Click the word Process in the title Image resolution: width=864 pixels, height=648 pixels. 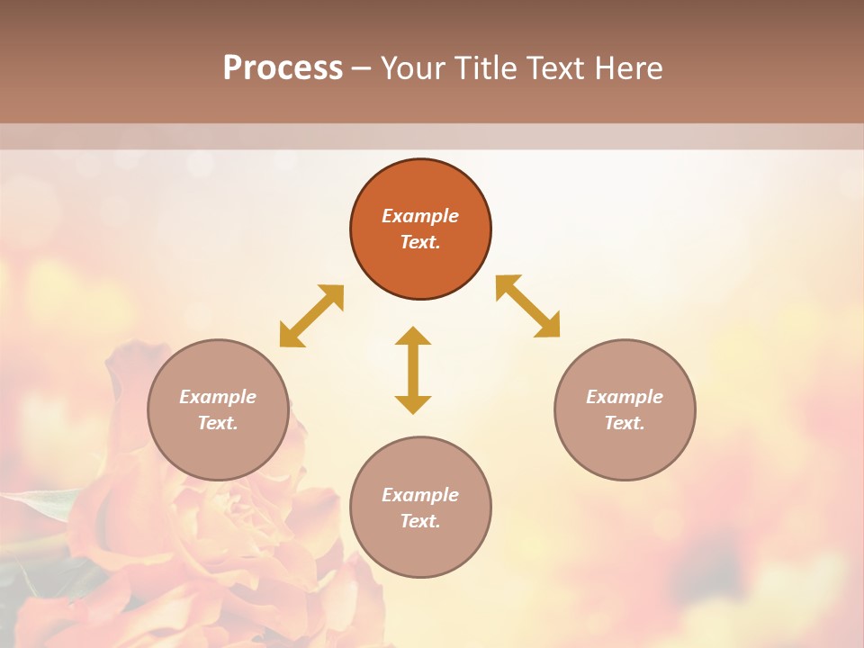[283, 68]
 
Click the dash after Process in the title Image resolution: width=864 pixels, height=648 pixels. [361, 69]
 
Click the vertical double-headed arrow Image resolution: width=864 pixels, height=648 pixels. [413, 370]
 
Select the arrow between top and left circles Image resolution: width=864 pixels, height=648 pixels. [311, 316]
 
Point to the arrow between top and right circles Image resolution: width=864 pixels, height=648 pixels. [527, 306]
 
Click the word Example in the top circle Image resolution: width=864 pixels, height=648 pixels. [420, 216]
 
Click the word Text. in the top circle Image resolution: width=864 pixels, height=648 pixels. [420, 242]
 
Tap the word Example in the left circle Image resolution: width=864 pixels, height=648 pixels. [218, 397]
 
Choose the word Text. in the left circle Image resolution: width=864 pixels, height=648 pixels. [218, 423]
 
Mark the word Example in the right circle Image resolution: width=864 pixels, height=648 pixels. [625, 397]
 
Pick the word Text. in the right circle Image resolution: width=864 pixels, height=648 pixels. [625, 423]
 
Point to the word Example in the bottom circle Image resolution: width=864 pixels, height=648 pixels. [420, 495]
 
